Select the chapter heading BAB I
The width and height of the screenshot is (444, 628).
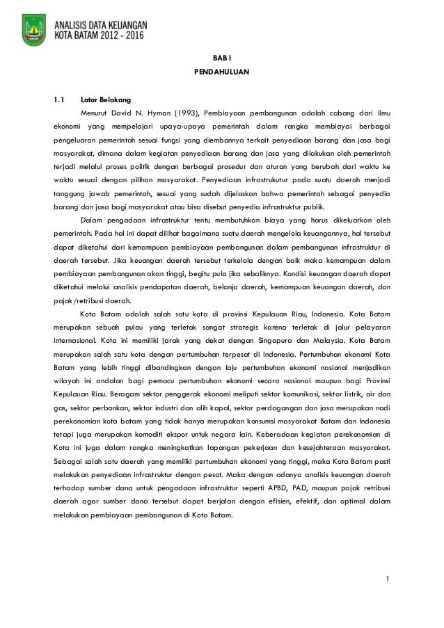tap(221, 58)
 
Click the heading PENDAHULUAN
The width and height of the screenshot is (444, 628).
tap(221, 72)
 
